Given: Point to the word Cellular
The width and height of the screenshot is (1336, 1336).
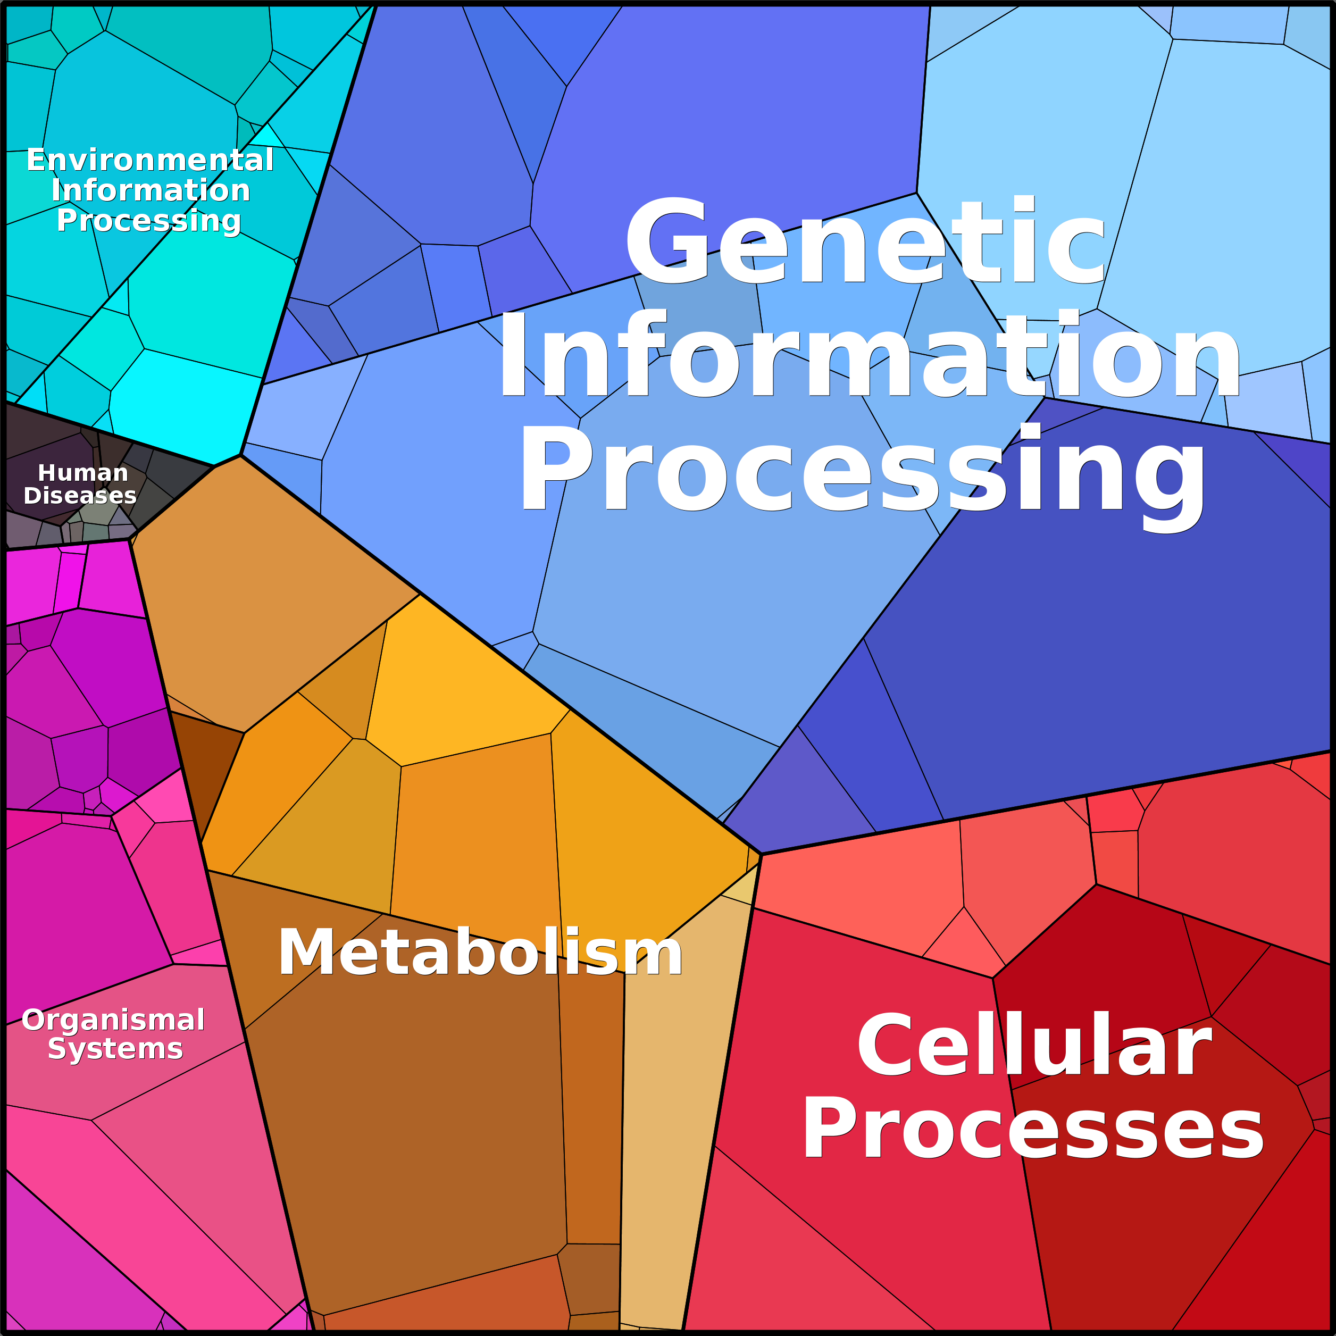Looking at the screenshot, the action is (1034, 1046).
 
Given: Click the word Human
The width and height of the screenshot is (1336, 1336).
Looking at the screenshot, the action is (83, 473).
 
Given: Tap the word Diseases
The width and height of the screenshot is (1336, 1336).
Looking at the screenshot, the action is (80, 496).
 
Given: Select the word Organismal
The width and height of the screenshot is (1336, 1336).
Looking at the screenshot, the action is (113, 1020).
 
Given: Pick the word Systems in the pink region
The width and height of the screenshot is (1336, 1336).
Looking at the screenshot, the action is (115, 1049).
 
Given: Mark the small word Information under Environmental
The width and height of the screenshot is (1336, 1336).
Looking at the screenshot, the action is (151, 190).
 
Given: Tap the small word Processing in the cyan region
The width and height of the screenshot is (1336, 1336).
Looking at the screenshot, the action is (149, 221).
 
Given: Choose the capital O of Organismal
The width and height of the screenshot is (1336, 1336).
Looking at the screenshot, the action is (35, 1020).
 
